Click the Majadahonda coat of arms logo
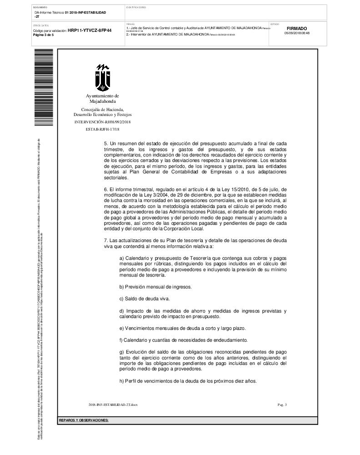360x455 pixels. pos(102,77)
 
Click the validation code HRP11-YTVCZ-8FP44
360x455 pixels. pos(90,30)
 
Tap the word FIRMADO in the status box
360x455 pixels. pos(297,28)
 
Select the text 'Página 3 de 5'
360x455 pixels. pos(40,35)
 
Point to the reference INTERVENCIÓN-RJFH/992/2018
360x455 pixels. pos(102,122)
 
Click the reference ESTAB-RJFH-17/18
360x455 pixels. pos(102,130)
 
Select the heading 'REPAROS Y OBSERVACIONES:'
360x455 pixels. pos(84,420)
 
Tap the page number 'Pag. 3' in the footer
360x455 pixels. pos(282,404)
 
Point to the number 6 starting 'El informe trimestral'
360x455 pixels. pos(105,189)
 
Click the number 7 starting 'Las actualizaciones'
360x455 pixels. pos(105,240)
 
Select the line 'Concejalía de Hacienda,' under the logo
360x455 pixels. pos(102,110)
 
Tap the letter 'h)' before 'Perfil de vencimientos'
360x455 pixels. pos(122,381)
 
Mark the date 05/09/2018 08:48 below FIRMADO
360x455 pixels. pos(297,33)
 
